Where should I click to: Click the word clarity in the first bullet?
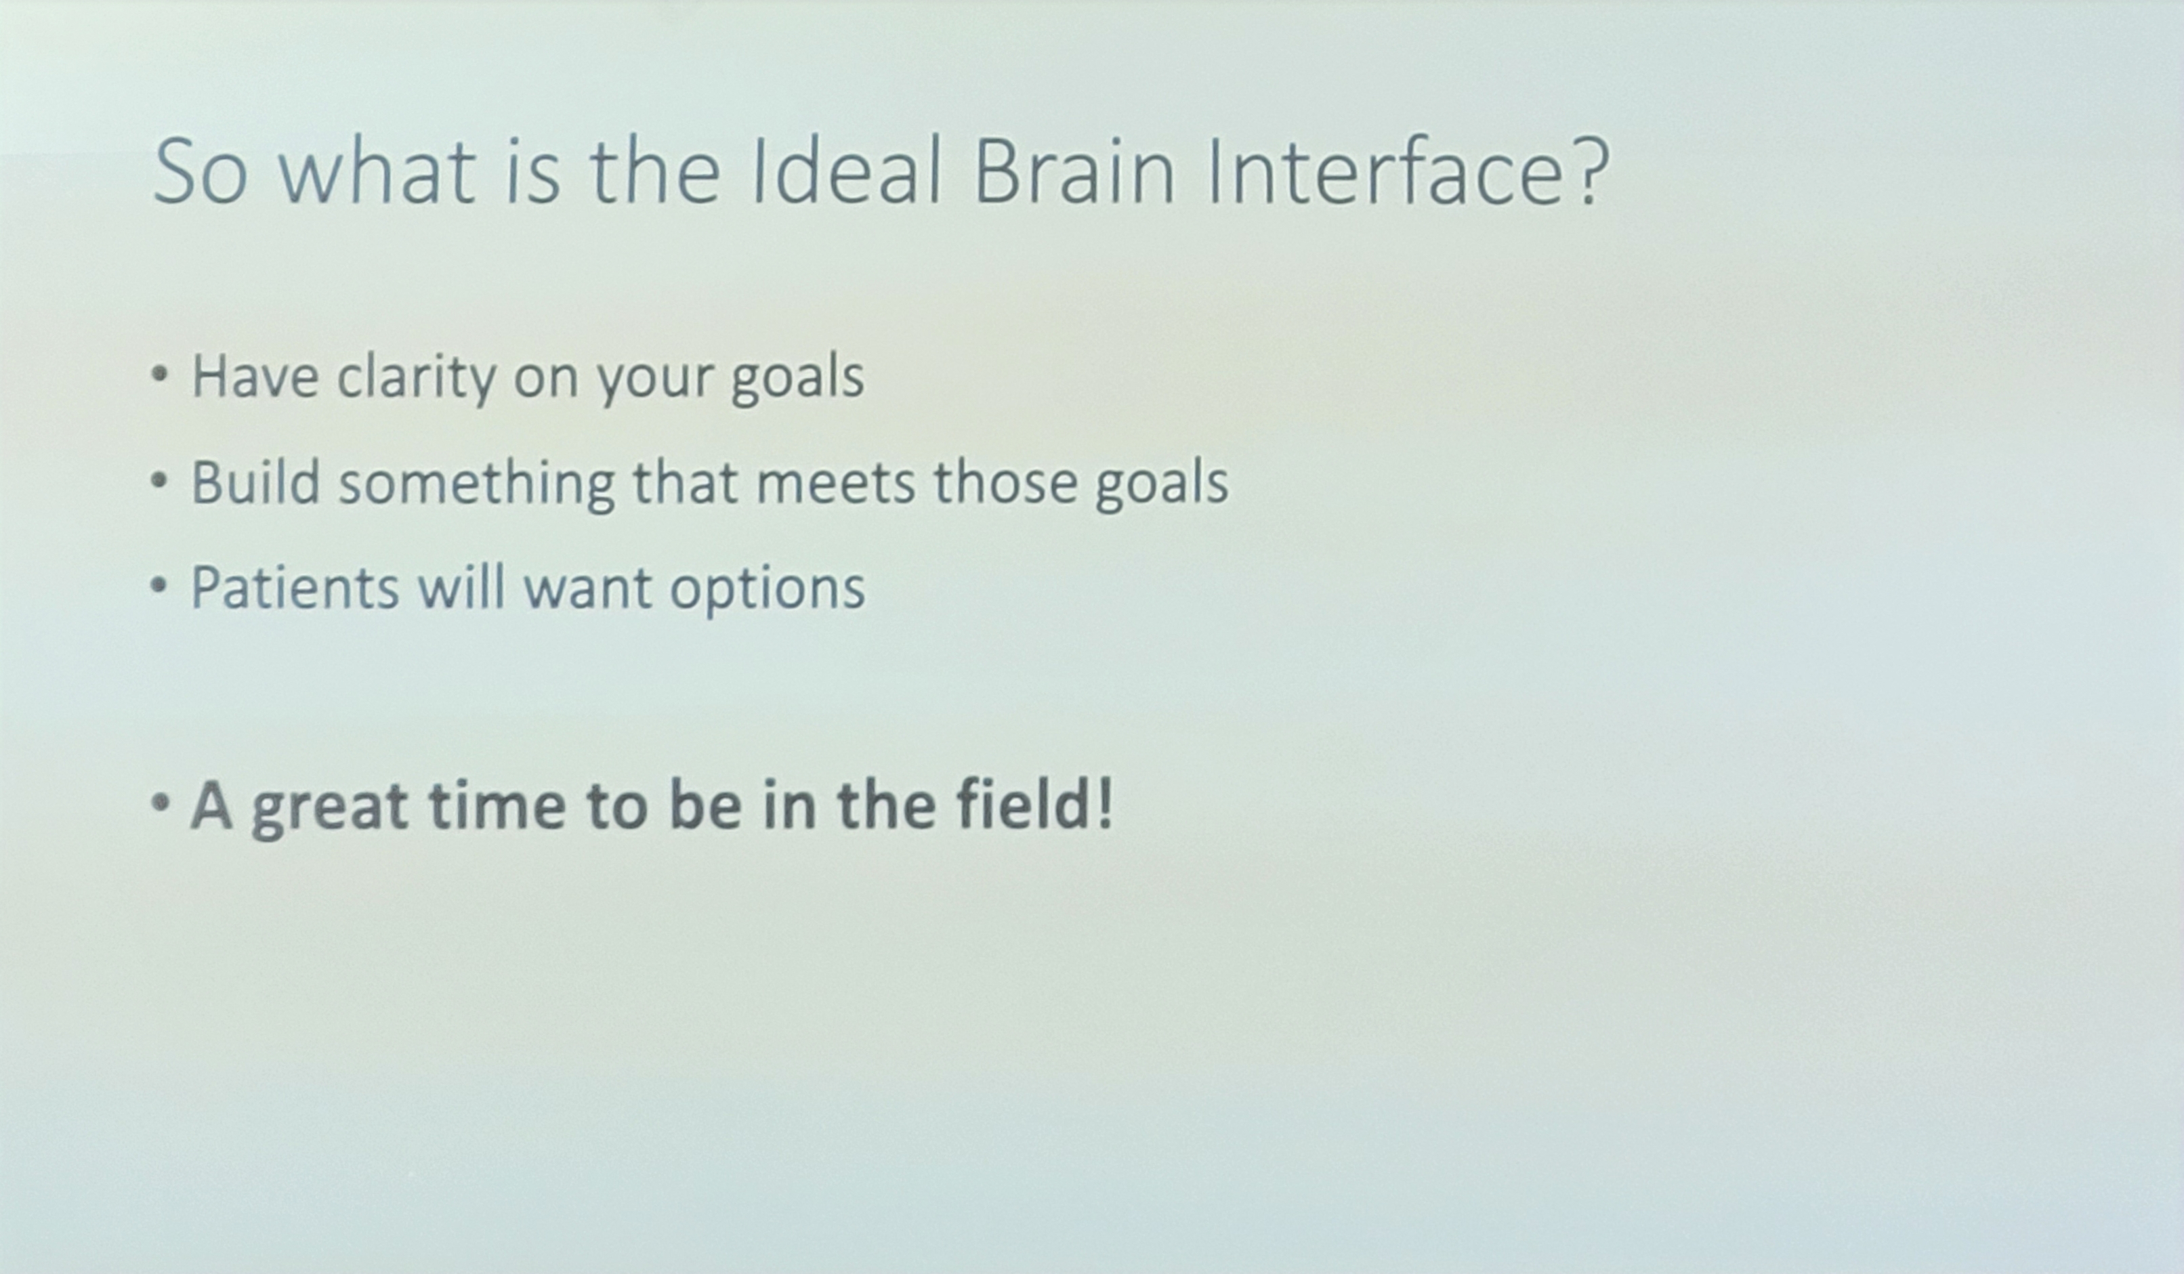416,378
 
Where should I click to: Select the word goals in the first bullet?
797,378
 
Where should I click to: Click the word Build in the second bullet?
255,482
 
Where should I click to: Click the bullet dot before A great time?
159,803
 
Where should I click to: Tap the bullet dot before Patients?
159,587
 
